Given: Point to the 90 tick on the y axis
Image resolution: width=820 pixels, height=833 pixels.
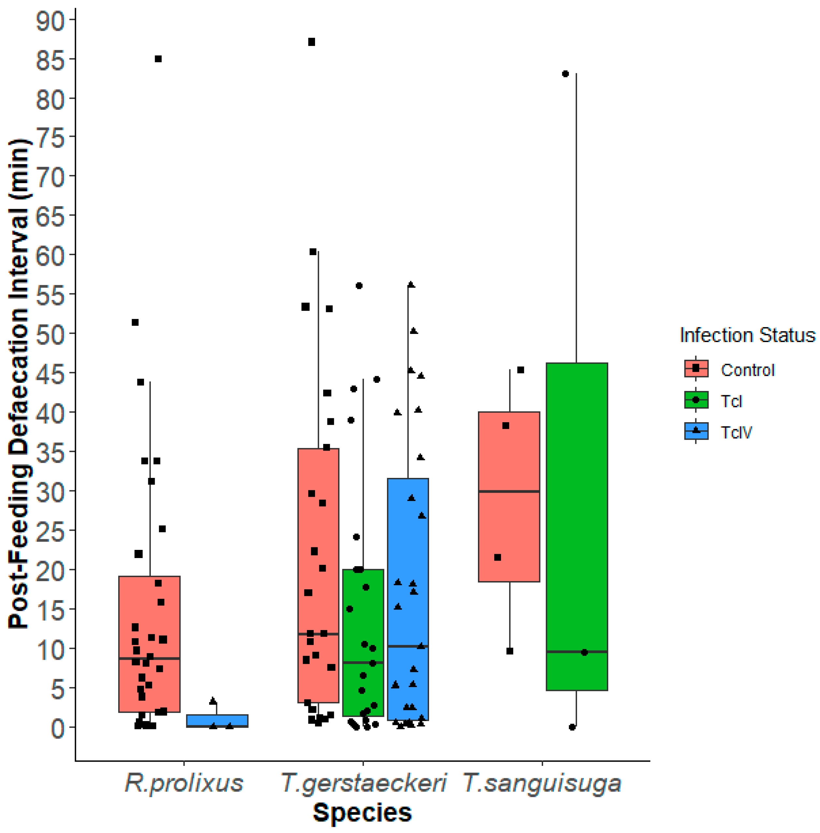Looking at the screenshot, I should click(x=50, y=21).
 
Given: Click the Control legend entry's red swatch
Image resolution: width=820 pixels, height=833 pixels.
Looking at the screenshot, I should click(x=696, y=369).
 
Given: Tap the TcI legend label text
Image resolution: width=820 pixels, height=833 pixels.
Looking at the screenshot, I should click(x=731, y=401).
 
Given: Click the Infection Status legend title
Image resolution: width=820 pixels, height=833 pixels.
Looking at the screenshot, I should click(x=747, y=335).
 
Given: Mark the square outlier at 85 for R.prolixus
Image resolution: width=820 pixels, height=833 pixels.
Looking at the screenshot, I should click(x=158, y=59).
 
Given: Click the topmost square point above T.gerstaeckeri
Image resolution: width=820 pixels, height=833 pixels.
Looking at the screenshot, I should click(x=311, y=42).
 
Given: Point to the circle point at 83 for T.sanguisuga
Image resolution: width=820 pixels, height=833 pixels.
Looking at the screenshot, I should click(x=566, y=74).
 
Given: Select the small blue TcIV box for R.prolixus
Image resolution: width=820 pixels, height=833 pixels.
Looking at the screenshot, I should click(x=217, y=721).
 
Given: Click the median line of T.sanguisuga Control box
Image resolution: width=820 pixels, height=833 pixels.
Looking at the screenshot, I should click(x=509, y=492).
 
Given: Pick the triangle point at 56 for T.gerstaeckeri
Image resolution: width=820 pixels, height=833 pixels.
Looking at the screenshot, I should click(x=411, y=285).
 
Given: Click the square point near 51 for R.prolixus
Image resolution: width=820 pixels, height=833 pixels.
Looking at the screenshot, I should click(x=135, y=323).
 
